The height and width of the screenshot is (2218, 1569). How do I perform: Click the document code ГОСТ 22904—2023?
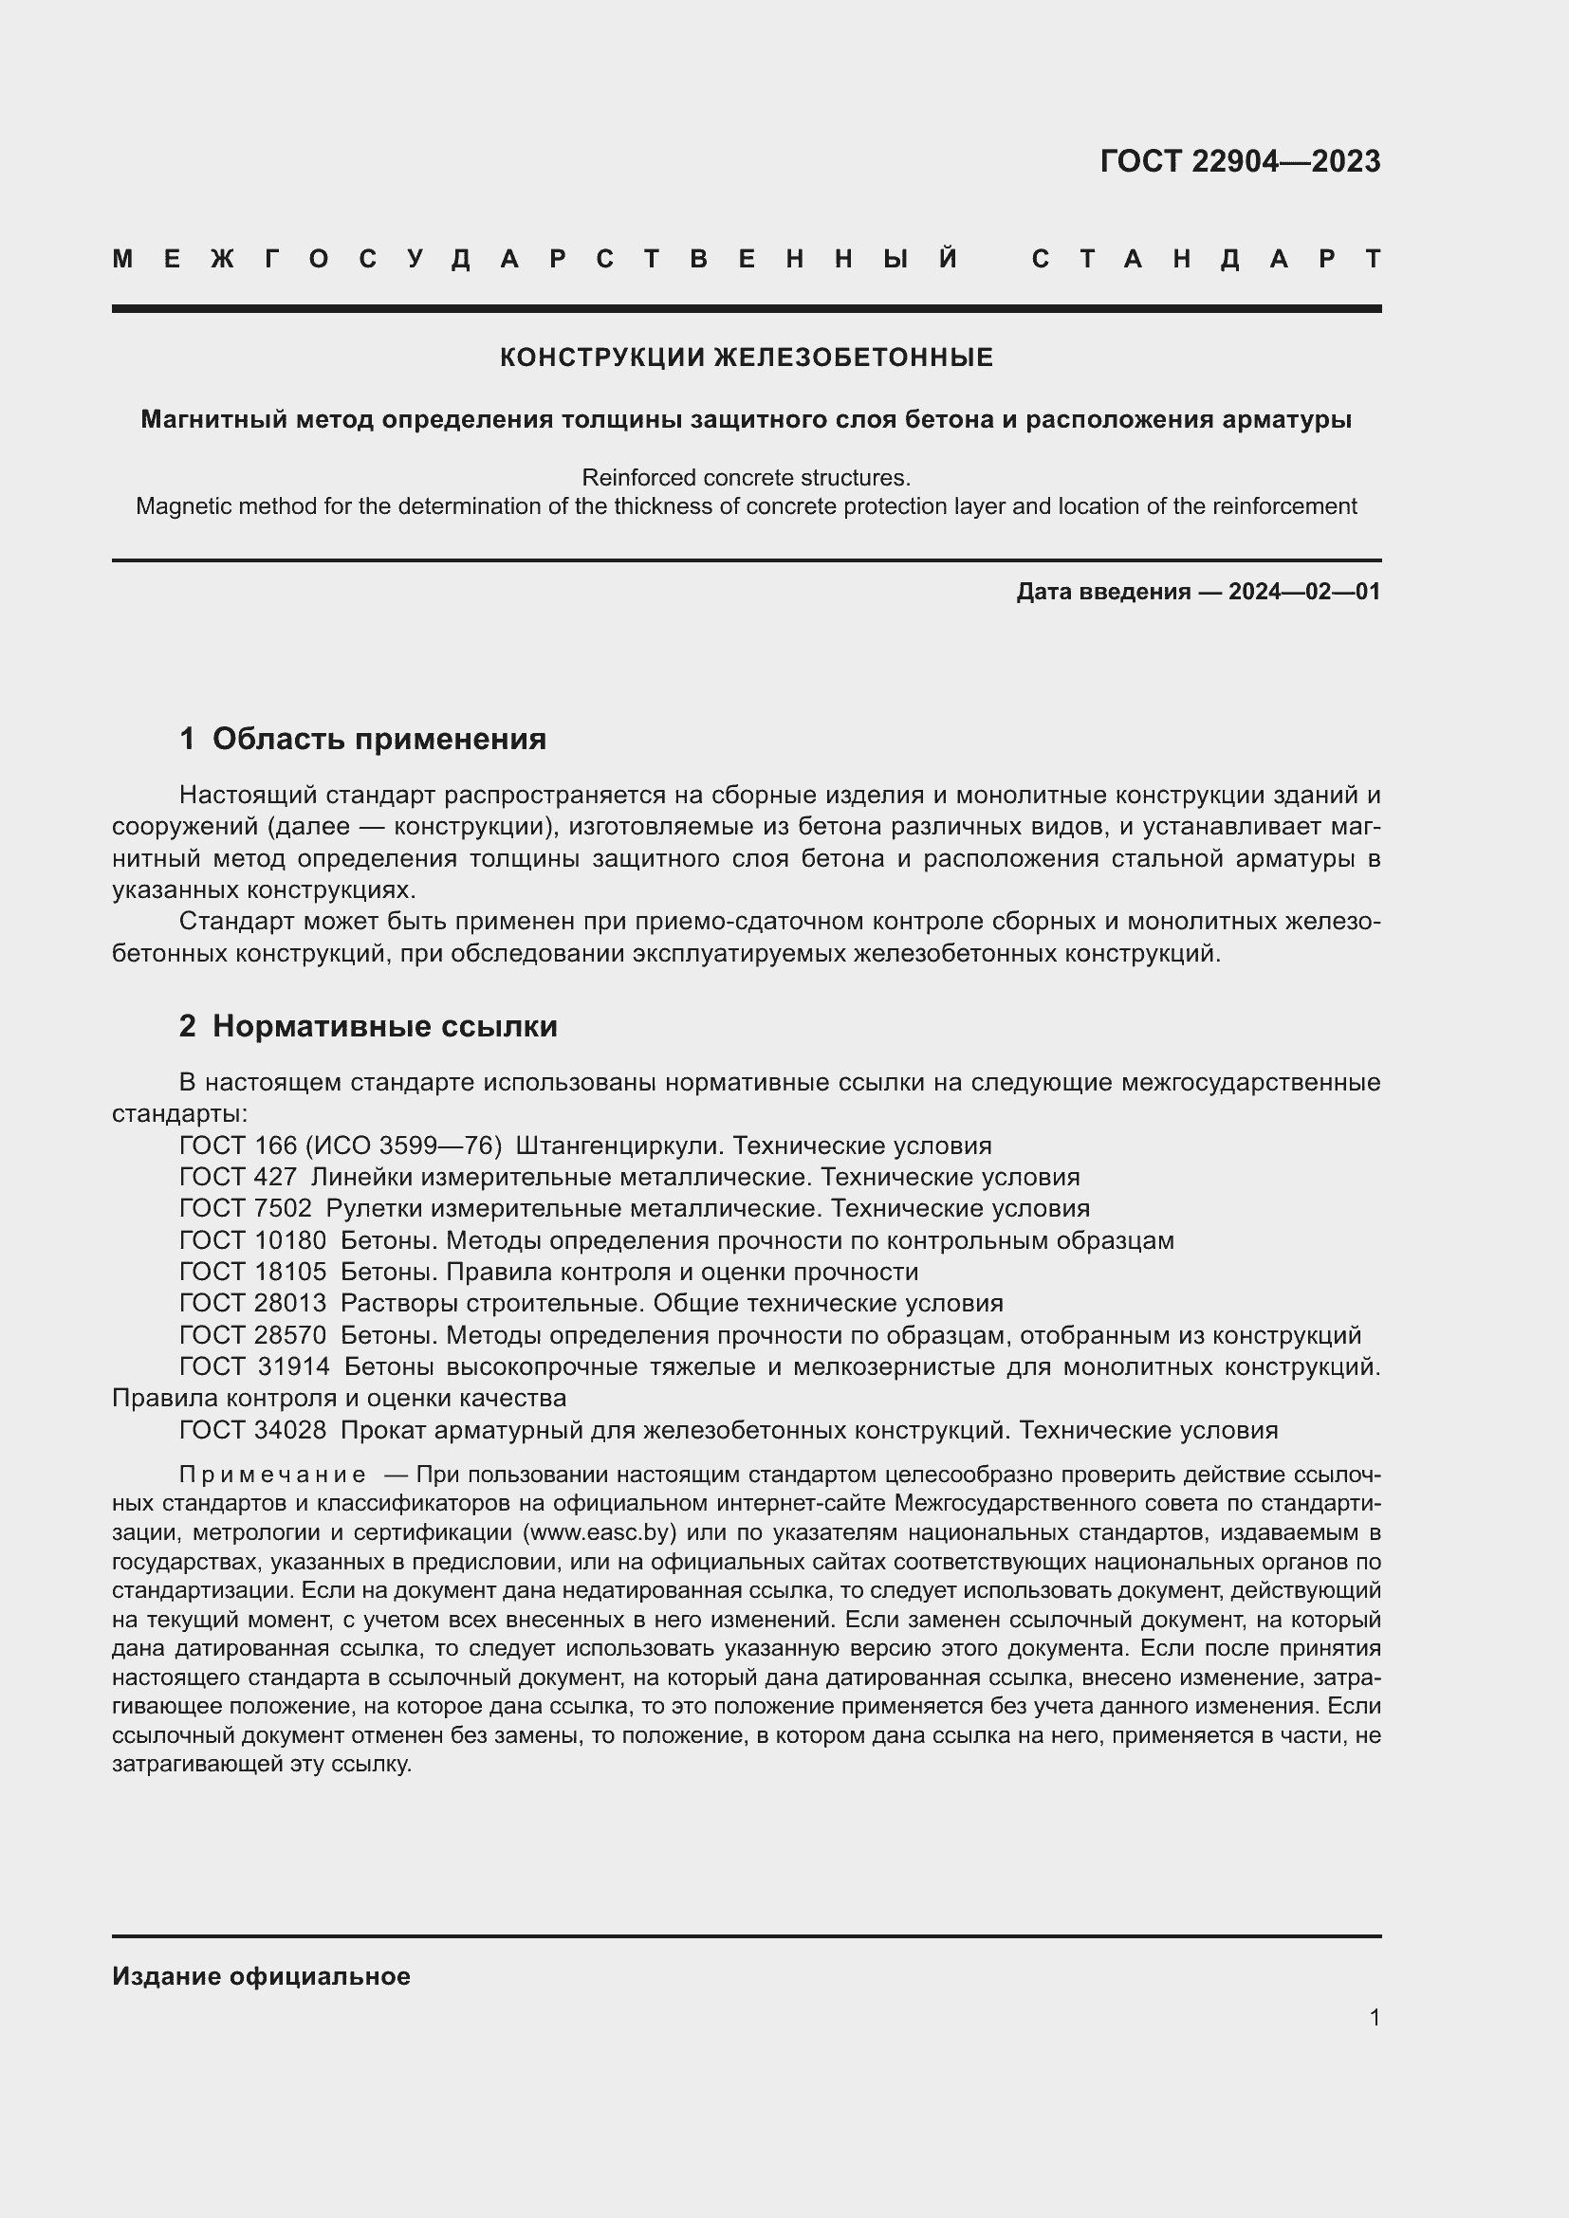(1240, 161)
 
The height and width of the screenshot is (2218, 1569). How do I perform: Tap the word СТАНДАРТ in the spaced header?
(1206, 259)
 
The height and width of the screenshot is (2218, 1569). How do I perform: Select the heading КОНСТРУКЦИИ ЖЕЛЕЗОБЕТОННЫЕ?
(746, 357)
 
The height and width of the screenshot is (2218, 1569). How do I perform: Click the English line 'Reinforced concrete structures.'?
(746, 477)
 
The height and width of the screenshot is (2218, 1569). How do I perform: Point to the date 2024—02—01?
(1304, 591)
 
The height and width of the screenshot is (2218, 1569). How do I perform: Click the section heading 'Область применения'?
(378, 739)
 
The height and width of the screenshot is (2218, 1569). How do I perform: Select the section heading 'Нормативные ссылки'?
(384, 1026)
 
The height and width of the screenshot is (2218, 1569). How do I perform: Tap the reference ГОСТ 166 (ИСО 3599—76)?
(341, 1146)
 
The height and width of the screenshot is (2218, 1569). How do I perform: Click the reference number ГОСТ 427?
(238, 1177)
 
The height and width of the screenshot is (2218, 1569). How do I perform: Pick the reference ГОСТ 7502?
(246, 1208)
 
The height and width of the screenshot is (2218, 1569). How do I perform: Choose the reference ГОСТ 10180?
(253, 1240)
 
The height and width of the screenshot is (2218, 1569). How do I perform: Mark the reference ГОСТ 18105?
(253, 1272)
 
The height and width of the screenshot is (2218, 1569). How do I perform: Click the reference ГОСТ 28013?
(253, 1303)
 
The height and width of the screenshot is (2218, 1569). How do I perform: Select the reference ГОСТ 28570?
(253, 1335)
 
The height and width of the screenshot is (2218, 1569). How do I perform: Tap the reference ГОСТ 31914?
(254, 1367)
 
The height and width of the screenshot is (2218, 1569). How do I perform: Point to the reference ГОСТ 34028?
(253, 1430)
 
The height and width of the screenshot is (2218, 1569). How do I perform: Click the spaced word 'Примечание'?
(272, 1476)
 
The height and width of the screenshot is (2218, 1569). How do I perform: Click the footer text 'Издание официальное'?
(261, 1976)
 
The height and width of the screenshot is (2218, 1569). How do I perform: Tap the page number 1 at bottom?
(1374, 2017)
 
